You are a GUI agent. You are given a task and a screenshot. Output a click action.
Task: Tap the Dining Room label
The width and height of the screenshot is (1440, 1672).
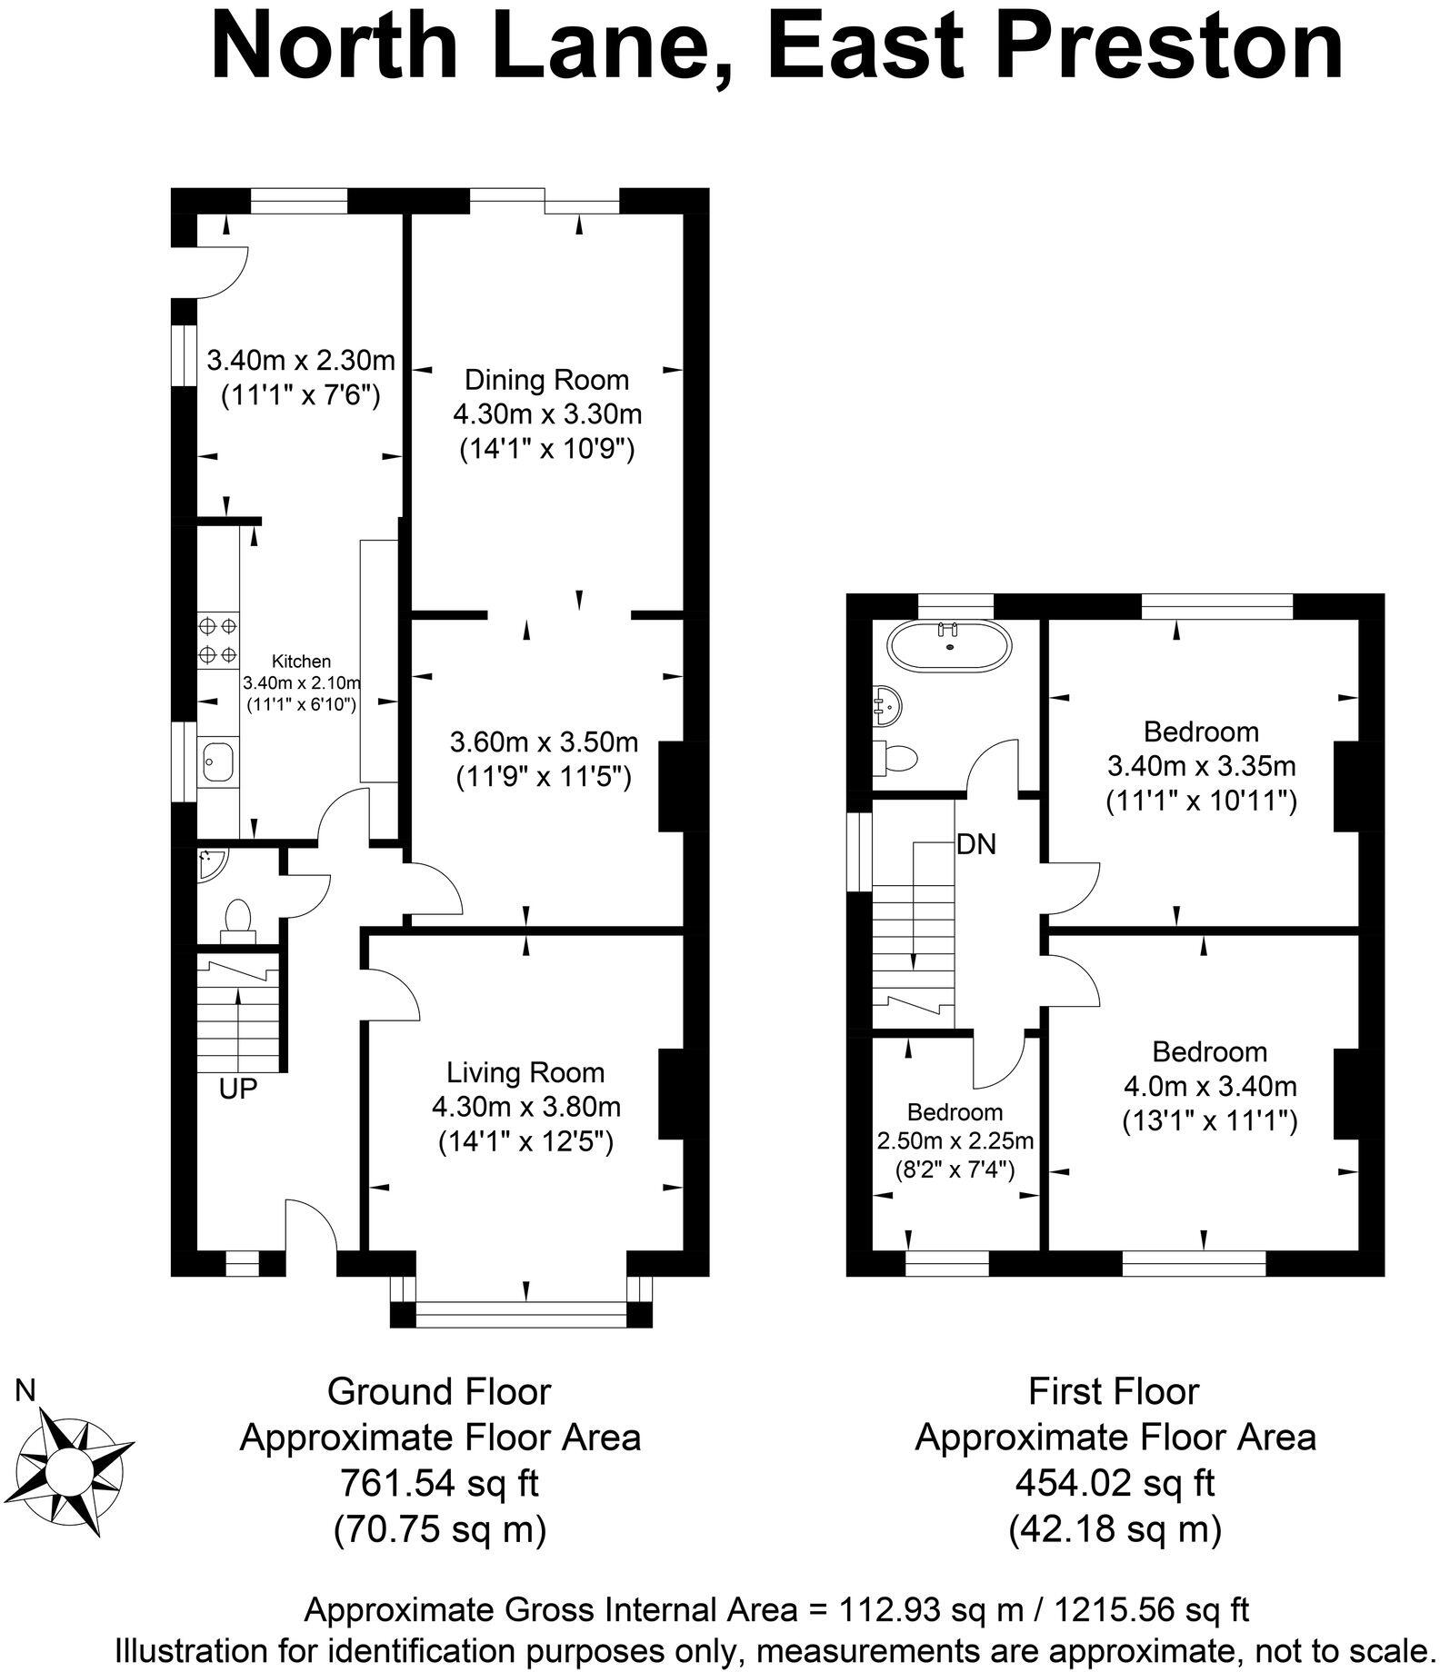[x=546, y=380]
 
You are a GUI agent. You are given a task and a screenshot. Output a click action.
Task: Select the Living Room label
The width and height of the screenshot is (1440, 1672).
[x=525, y=1072]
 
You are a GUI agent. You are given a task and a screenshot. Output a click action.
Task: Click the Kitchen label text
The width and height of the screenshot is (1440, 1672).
[x=303, y=662]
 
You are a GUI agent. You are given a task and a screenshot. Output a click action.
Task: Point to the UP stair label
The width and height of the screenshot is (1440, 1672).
[x=238, y=1089]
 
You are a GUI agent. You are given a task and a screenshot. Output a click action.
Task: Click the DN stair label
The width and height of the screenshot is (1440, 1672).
[x=976, y=845]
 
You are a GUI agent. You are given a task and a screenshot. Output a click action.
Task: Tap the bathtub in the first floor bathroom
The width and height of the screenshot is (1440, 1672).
[x=949, y=647]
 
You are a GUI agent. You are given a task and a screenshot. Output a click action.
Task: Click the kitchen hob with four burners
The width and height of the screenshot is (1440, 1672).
[x=217, y=639]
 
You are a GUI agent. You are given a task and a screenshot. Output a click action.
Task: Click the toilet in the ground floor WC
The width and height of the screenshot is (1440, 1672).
[x=238, y=916]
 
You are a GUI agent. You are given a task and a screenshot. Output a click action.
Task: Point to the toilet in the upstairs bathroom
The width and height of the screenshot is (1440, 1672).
[x=898, y=757]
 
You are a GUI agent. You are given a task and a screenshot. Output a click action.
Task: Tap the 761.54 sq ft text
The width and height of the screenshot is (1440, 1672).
[x=439, y=1484]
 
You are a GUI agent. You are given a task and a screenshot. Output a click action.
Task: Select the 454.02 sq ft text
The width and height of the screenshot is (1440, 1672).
[x=1115, y=1484]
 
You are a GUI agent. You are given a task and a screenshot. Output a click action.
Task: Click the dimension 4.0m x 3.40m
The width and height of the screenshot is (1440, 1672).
[x=1210, y=1086]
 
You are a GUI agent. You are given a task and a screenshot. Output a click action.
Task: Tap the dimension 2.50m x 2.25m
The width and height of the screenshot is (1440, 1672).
[x=955, y=1140]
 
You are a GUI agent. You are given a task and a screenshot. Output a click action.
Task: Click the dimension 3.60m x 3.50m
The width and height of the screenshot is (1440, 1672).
[x=544, y=742]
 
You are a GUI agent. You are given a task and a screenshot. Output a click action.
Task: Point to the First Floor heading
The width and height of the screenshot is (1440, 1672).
[x=1115, y=1392]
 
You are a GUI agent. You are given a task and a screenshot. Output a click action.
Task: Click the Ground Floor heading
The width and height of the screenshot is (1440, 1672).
[x=439, y=1392]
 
